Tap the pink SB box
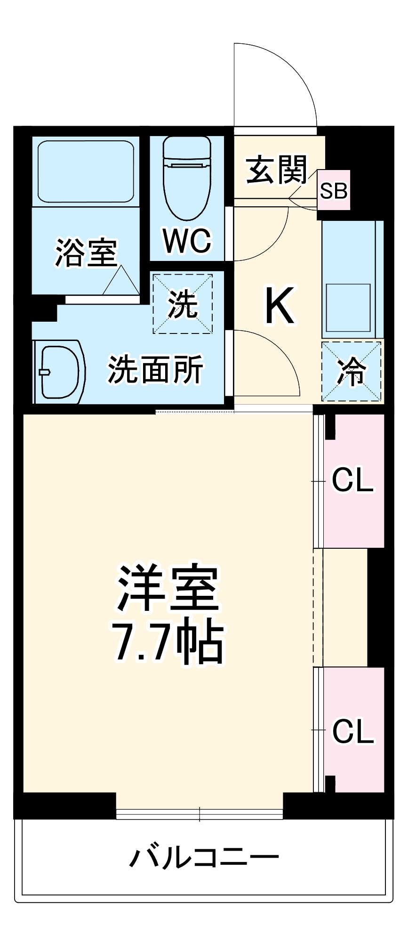coord(334,190)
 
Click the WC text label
coord(187,241)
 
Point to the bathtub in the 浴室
coord(86,171)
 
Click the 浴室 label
coord(86,253)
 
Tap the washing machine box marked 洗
coord(183,304)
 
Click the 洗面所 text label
coord(155,370)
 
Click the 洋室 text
coord(168,588)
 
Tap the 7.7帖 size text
coord(168,642)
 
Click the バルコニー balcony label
coord(204,857)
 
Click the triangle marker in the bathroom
coord(121,281)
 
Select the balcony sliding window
coord(200,814)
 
